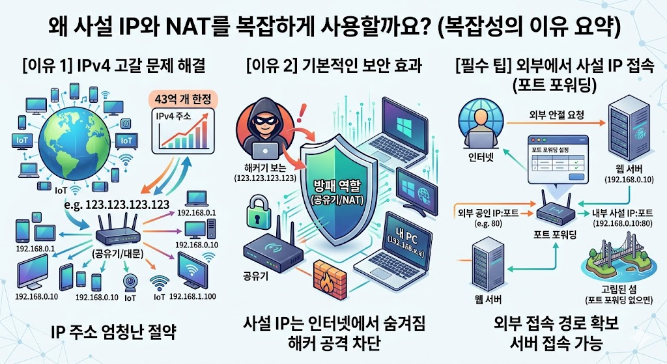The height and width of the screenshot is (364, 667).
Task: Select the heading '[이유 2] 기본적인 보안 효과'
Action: pyautogui.click(x=332, y=65)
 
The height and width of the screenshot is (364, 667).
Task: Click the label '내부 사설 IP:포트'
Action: pyautogui.click(x=627, y=212)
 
